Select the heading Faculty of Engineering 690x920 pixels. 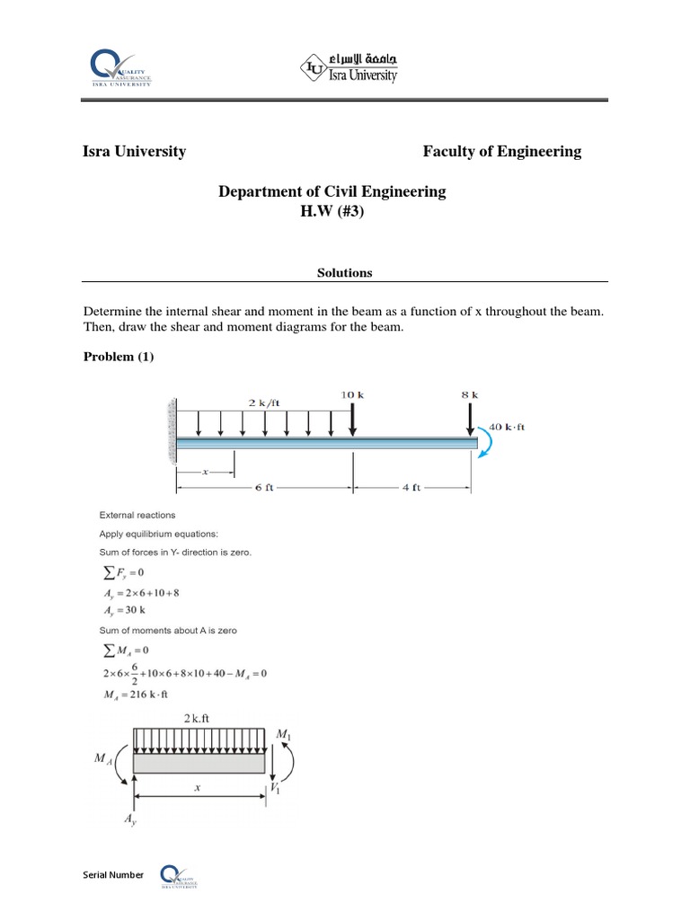click(x=501, y=152)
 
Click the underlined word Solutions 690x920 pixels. click(x=345, y=272)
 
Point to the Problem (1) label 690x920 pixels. click(x=119, y=357)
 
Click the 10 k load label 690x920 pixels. click(x=352, y=394)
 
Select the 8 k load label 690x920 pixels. click(x=469, y=394)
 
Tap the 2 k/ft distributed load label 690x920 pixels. click(x=263, y=403)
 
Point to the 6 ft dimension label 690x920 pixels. click(x=265, y=489)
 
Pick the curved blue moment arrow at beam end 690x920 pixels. click(x=485, y=442)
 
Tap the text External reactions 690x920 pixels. click(x=137, y=515)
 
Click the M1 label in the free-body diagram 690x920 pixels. click(x=284, y=735)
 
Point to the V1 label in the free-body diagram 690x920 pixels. click(x=277, y=789)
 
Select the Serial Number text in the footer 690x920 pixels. click(x=113, y=874)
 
